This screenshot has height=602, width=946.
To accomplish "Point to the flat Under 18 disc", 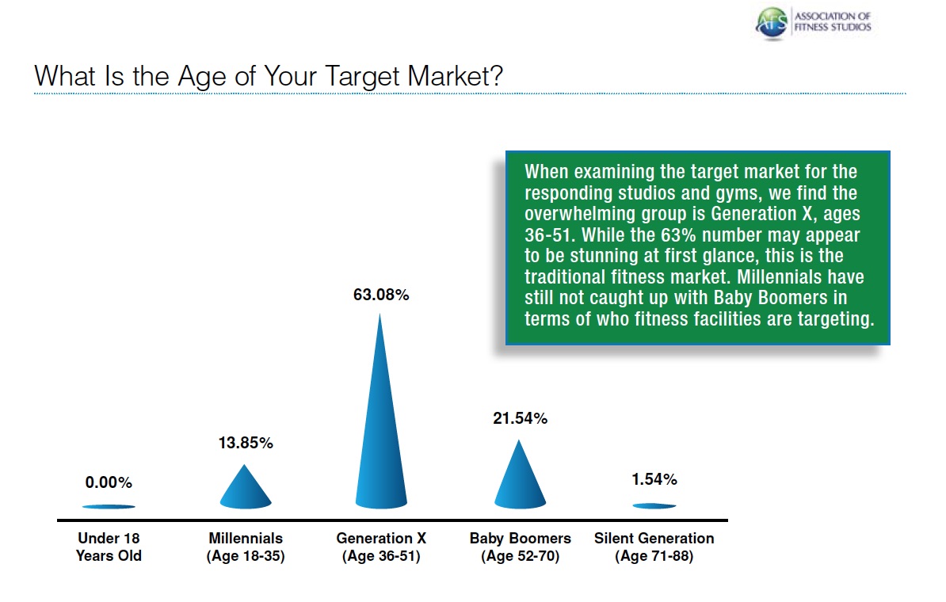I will [109, 506].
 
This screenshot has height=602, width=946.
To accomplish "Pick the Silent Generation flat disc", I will [654, 505].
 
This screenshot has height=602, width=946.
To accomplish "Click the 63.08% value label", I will [381, 295].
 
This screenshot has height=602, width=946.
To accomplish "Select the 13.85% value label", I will [246, 444].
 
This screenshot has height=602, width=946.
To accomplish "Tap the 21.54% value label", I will [520, 419].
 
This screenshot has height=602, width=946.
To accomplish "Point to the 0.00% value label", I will [109, 482].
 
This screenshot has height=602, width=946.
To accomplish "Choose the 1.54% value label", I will [654, 479].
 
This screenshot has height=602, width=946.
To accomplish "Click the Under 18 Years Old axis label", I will [109, 547].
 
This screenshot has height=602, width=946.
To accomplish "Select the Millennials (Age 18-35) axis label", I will [246, 547].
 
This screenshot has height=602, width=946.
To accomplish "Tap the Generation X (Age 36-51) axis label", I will [381, 547].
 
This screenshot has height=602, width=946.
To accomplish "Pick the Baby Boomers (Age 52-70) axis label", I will [520, 547].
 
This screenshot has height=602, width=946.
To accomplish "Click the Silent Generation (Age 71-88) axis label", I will [654, 547].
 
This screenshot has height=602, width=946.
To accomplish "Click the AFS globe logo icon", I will [772, 22].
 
